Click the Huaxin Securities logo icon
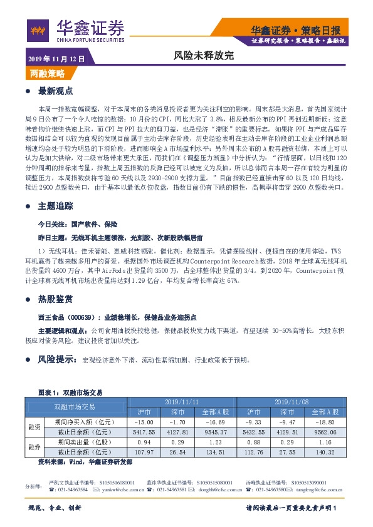point(38,29)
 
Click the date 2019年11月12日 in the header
point(56,59)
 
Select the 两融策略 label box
point(48,74)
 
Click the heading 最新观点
point(56,91)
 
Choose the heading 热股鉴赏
point(56,299)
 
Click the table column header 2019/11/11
point(181,401)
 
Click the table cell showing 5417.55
point(144,432)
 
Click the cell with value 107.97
point(144,452)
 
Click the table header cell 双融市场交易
point(76,406)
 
